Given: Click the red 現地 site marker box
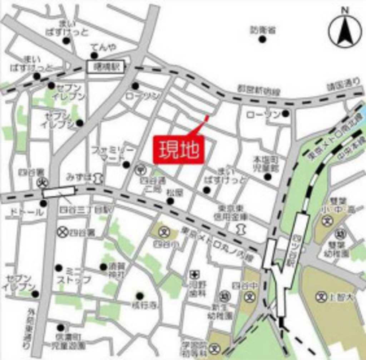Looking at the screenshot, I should pos(179,150).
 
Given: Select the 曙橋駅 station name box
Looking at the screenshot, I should pos(106,67).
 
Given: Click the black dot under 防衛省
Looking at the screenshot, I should pos(262,39).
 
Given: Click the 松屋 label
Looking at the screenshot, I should pos(175,193).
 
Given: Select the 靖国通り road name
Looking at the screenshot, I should pos(343,86).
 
